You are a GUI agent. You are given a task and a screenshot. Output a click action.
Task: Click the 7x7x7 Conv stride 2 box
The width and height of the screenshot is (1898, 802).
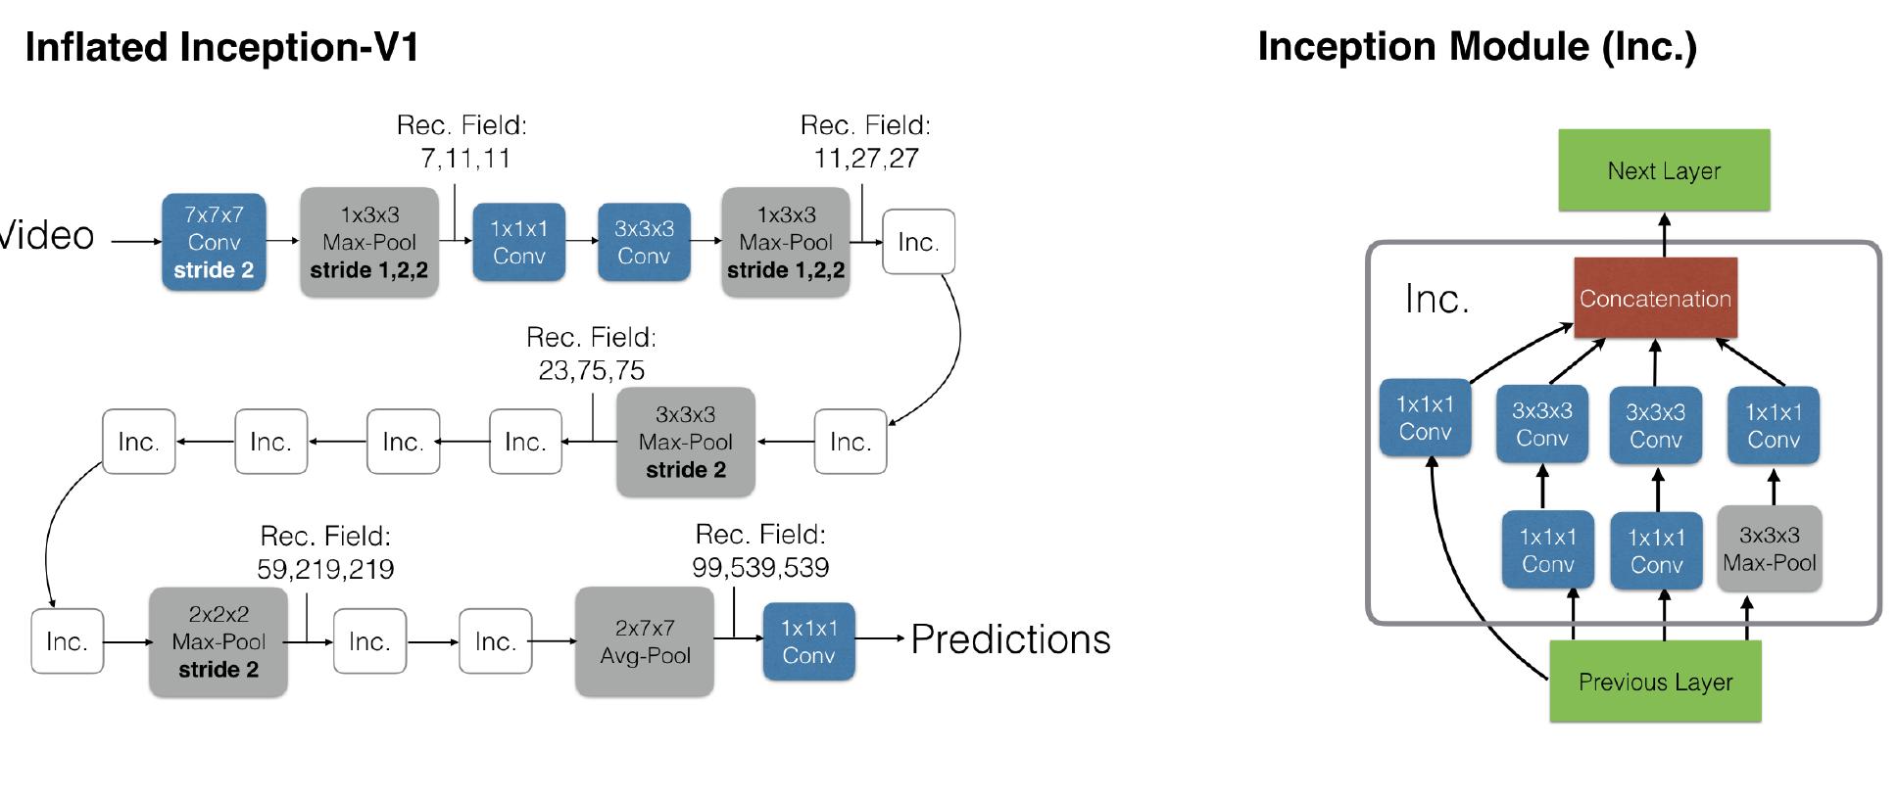(x=214, y=242)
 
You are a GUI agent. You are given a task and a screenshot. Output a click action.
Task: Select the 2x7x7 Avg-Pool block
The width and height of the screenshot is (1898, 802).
(x=645, y=641)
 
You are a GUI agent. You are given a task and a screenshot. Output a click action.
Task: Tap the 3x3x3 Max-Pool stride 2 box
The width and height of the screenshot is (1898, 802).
(x=685, y=442)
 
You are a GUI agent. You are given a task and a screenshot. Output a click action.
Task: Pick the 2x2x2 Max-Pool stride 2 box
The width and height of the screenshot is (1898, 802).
(x=218, y=641)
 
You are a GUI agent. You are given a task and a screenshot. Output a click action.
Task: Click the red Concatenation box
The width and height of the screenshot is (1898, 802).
(x=1655, y=299)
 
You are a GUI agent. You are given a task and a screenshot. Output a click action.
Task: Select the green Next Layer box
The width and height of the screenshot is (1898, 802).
(x=1664, y=170)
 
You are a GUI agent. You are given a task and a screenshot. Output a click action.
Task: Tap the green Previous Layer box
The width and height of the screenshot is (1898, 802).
(x=1655, y=682)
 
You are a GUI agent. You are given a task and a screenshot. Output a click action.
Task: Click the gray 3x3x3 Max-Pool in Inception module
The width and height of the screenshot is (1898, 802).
(x=1769, y=548)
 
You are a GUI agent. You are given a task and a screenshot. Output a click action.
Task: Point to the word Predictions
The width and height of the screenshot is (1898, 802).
(x=1010, y=639)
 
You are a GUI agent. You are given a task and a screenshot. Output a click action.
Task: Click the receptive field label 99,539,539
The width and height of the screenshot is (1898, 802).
(x=760, y=568)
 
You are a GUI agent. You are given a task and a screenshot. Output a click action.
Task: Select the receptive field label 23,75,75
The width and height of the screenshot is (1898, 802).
(x=591, y=370)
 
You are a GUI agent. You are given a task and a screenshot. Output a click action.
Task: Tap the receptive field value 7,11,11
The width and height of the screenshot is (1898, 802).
(x=465, y=159)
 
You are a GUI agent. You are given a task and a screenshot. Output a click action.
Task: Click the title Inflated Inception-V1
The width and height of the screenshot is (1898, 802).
(x=222, y=47)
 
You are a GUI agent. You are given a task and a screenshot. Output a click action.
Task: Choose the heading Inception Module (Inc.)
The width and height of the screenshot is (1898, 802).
(x=1477, y=47)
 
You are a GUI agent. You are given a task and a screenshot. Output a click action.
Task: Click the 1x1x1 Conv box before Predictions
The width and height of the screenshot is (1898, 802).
(x=808, y=641)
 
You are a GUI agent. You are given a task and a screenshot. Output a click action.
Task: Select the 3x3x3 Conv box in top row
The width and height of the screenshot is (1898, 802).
(x=644, y=242)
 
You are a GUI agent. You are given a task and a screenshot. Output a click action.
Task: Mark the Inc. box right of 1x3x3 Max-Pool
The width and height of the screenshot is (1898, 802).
(x=918, y=242)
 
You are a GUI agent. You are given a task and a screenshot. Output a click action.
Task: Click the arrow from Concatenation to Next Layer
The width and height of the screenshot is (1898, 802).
(x=1664, y=234)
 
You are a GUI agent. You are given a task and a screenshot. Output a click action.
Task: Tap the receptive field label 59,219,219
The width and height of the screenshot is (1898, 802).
(x=325, y=570)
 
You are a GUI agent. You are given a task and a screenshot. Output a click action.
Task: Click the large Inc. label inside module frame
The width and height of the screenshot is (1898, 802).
(x=1436, y=299)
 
